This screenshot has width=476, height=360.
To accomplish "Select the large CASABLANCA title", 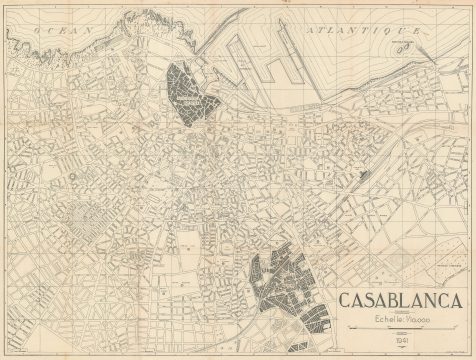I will point(399,301).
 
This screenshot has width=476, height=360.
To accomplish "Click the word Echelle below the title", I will point(386,319).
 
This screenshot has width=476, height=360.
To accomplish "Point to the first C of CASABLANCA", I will point(345,301).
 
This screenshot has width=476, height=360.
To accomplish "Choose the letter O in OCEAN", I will point(36,33).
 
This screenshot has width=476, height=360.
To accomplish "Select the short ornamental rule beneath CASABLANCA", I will point(400,313).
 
